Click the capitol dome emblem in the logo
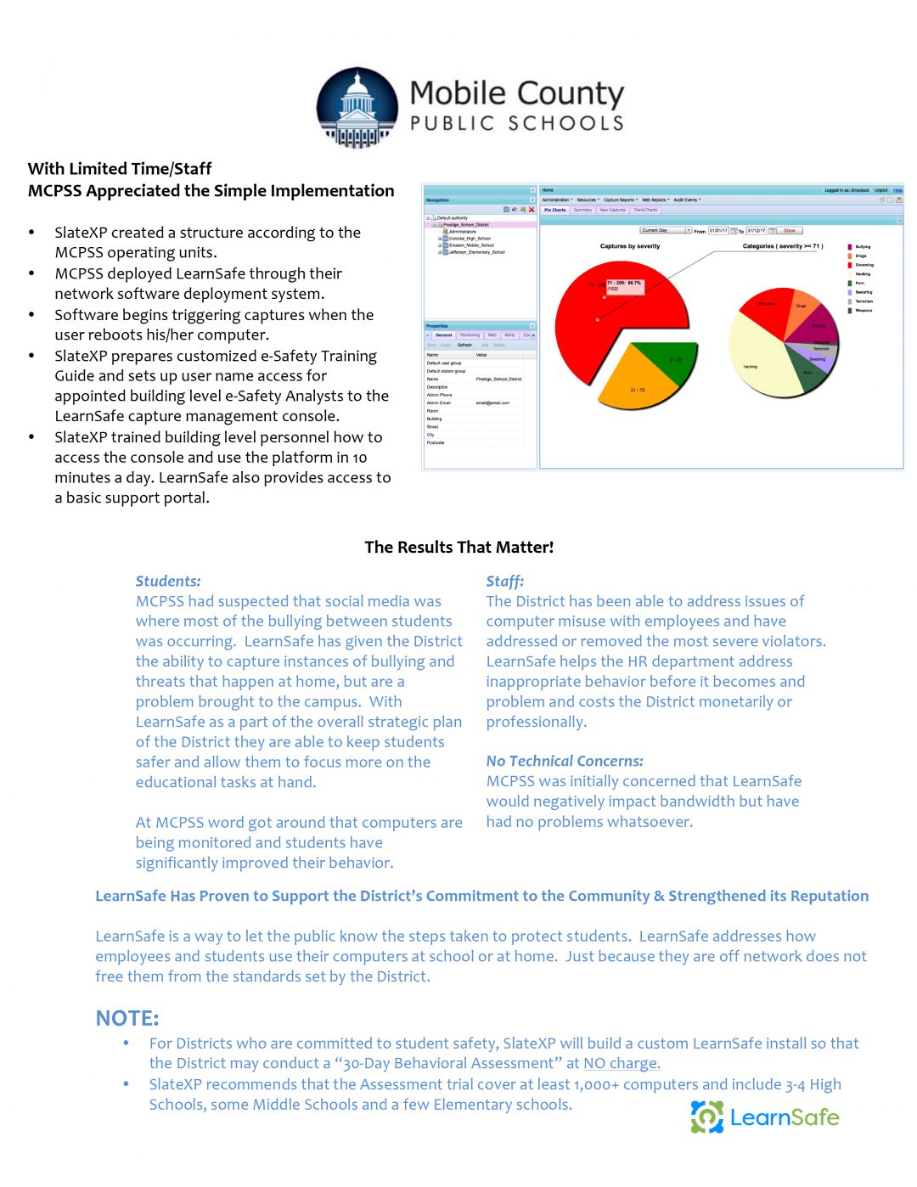357,108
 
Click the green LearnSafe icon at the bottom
706,1117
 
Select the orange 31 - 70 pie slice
638,386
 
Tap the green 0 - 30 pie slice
671,360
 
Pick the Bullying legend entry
862,247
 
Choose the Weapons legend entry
863,311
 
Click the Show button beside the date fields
790,231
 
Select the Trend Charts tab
645,210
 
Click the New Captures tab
612,210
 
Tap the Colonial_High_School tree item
469,239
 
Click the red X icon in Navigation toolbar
532,209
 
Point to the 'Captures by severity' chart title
629,246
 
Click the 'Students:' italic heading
168,582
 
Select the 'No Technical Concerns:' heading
565,762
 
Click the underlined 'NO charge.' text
622,1064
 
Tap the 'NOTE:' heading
127,1019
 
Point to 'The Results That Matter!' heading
458,548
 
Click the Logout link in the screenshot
881,190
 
